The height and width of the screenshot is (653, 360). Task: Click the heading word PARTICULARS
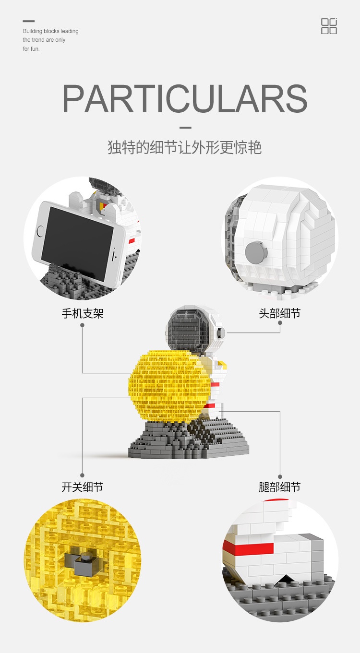(185, 99)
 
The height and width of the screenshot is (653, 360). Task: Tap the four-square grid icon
(329, 26)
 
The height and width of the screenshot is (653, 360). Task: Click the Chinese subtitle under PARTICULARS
(185, 147)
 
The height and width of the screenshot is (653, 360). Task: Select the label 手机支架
(83, 314)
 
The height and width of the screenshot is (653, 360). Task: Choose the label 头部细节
(280, 314)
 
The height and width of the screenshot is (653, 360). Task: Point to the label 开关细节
(83, 487)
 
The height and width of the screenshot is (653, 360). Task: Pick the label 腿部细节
(280, 487)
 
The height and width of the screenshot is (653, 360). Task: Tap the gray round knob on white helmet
(255, 250)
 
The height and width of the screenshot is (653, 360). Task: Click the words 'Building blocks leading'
(50, 31)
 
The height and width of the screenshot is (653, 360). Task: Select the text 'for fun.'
(31, 49)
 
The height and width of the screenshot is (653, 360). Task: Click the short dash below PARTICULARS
(185, 128)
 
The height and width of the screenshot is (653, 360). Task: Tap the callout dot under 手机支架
(82, 325)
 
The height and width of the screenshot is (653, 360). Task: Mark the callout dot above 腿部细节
(280, 475)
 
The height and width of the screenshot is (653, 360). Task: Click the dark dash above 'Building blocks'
(29, 21)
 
